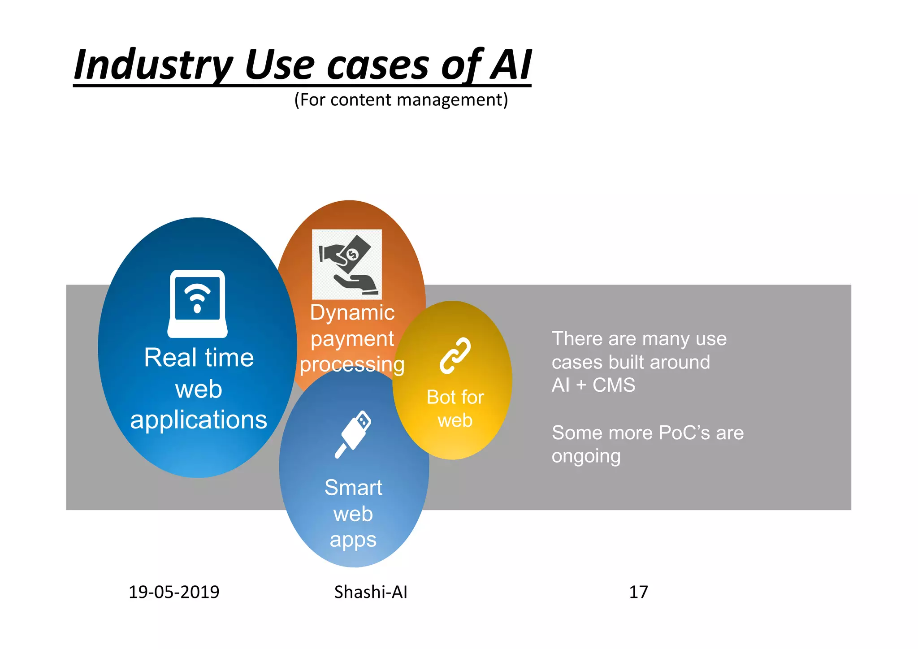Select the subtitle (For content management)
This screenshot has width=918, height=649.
click(x=401, y=100)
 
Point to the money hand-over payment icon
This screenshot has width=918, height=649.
click(x=347, y=264)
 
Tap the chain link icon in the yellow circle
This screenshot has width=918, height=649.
click(x=455, y=355)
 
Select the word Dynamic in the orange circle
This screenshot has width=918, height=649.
click(x=352, y=312)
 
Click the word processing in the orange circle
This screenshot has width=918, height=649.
click(x=352, y=364)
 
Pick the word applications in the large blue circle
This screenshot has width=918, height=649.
click(x=199, y=420)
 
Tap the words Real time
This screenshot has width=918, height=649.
click(x=199, y=358)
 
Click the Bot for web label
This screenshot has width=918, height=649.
click(x=455, y=408)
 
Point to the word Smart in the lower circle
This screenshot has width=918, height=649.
click(x=353, y=487)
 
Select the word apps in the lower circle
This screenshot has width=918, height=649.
click(x=353, y=540)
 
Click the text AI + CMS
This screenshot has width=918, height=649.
click(x=593, y=385)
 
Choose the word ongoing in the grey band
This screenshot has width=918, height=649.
click(x=586, y=456)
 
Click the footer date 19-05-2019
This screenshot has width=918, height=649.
click(x=174, y=592)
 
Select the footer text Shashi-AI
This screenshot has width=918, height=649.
click(x=371, y=592)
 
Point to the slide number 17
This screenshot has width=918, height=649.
click(x=638, y=592)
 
